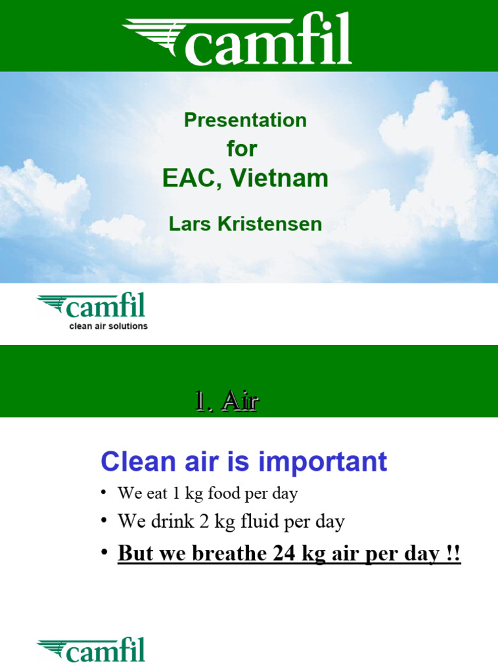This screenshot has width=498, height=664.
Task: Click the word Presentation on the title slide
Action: coord(245,120)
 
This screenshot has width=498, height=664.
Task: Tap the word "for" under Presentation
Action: coord(242,148)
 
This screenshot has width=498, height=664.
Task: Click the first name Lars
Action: coord(189,224)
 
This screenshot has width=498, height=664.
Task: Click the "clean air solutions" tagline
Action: coord(108,326)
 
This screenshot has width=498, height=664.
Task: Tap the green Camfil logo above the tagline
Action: coord(91,306)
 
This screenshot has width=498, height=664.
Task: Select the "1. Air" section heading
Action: coord(226,402)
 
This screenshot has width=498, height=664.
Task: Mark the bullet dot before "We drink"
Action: coord(104,521)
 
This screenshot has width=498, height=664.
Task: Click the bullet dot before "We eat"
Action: coord(104,493)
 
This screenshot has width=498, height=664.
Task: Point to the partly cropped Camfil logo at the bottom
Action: coord(91,650)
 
